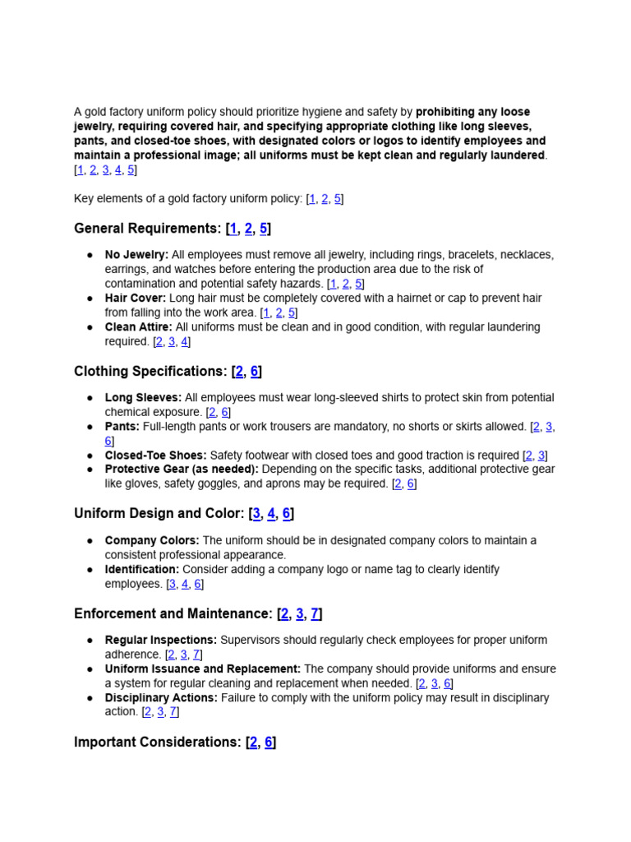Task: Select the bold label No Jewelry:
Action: click(136, 255)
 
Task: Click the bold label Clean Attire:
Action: click(139, 327)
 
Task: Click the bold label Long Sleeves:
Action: click(143, 398)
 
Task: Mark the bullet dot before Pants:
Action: click(90, 427)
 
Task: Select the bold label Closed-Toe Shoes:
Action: click(155, 456)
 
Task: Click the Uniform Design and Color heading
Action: click(159, 514)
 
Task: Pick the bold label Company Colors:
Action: click(152, 541)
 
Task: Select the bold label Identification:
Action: click(141, 570)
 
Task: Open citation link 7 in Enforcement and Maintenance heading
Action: click(315, 614)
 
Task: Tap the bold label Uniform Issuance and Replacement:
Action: click(202, 669)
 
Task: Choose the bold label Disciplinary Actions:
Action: click(161, 698)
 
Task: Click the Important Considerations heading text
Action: click(158, 743)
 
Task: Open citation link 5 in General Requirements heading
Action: click(263, 229)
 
